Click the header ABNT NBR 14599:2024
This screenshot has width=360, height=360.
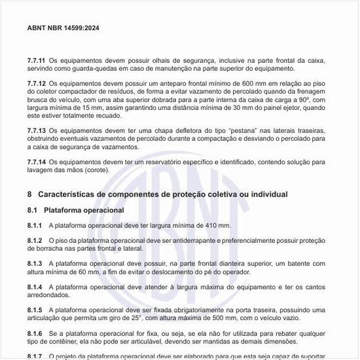click(x=63, y=28)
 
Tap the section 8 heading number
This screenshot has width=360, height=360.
click(x=29, y=194)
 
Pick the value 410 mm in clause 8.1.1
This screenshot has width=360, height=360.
click(x=217, y=225)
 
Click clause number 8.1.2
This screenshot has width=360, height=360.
click(x=35, y=240)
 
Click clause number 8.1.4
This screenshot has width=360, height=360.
click(x=35, y=287)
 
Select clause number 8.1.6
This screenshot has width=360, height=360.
click(x=35, y=333)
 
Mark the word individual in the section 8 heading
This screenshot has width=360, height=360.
click(x=269, y=194)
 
